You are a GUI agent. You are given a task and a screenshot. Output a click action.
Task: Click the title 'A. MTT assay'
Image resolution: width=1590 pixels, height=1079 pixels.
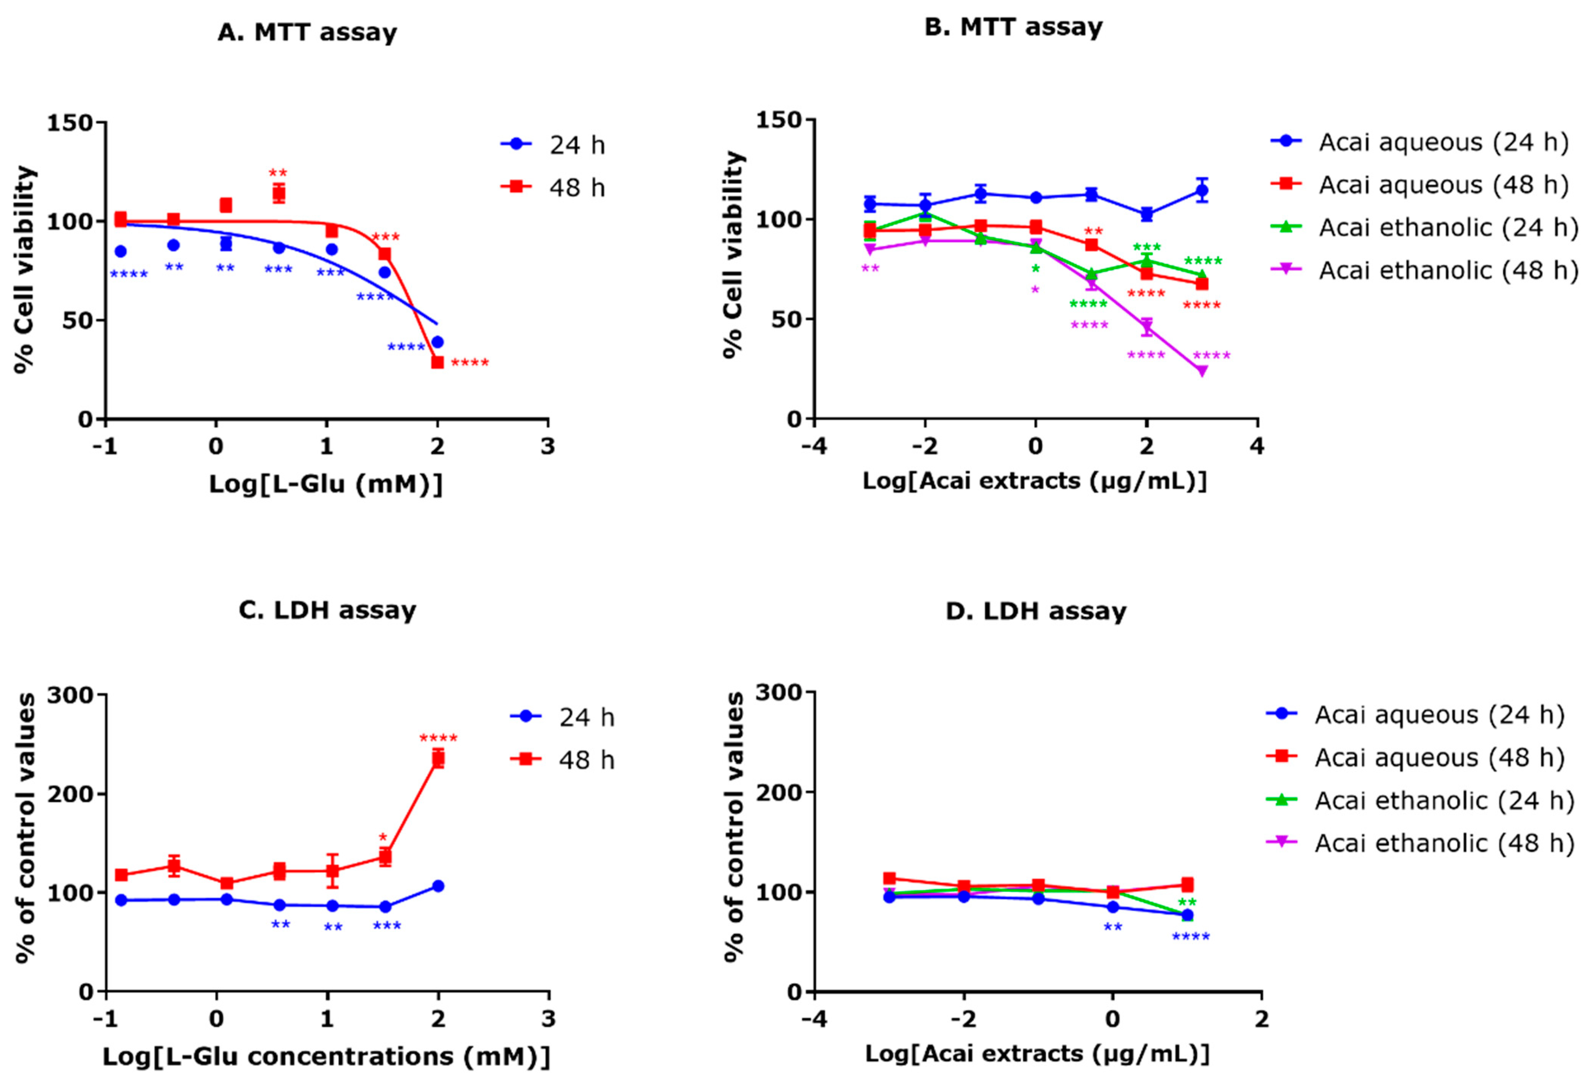coord(307,33)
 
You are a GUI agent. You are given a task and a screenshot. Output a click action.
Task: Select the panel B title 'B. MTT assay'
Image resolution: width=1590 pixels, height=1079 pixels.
coord(1013,27)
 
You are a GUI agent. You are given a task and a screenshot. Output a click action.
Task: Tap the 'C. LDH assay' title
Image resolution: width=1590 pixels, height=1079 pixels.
coord(327,610)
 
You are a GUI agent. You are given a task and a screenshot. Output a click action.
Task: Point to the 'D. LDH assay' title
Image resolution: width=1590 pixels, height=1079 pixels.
coord(1036,611)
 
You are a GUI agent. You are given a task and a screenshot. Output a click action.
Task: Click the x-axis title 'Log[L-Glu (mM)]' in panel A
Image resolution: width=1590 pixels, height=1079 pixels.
coord(326,485)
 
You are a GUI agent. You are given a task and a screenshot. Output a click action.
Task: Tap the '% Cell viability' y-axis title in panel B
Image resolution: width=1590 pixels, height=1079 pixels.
coord(733,254)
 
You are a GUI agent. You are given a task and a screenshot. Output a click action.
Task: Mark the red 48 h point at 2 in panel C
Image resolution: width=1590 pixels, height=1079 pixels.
coord(438,758)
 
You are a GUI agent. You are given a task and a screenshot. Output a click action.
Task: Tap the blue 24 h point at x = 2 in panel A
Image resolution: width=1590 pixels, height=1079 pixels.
coord(437,342)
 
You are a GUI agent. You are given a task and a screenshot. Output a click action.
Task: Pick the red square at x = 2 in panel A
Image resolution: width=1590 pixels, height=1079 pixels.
coord(437,362)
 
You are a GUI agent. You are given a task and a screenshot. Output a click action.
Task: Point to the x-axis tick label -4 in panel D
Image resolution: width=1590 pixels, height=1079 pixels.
coord(814,1019)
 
